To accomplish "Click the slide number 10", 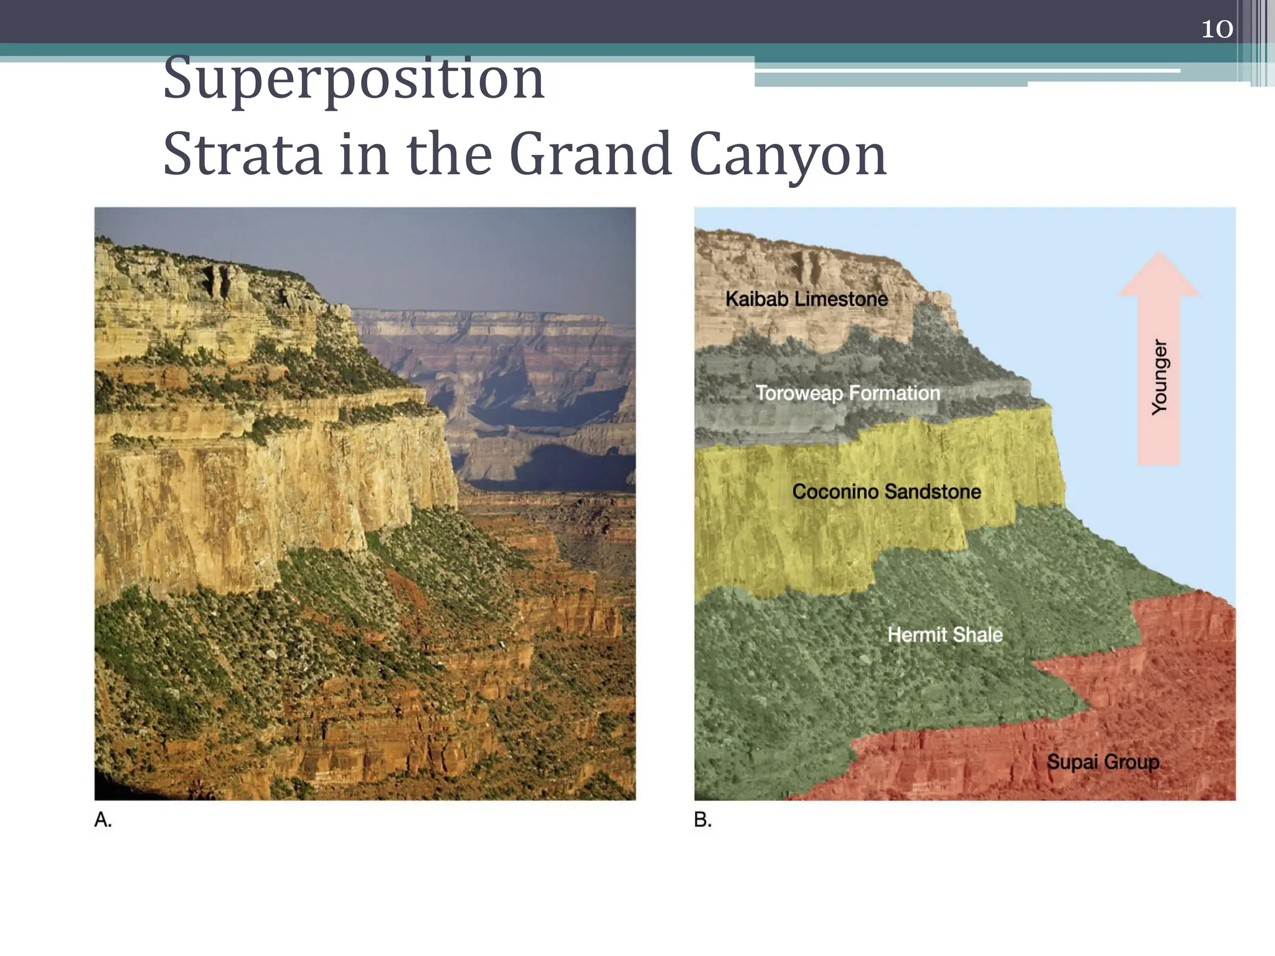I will [1216, 29].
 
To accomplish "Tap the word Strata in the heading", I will [242, 154].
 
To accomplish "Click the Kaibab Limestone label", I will [806, 299].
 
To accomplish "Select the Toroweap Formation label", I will [847, 393].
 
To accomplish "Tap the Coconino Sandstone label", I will [887, 492].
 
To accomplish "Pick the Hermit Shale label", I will [945, 635].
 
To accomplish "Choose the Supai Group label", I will [1103, 762].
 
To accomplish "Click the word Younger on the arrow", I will [1159, 377].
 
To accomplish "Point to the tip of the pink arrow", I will [1159, 254].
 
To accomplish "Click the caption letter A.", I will [103, 820].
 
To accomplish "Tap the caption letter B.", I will [702, 820].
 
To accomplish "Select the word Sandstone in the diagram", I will [933, 492].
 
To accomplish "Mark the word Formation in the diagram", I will [894, 393].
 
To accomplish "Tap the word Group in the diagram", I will [1132, 762].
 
